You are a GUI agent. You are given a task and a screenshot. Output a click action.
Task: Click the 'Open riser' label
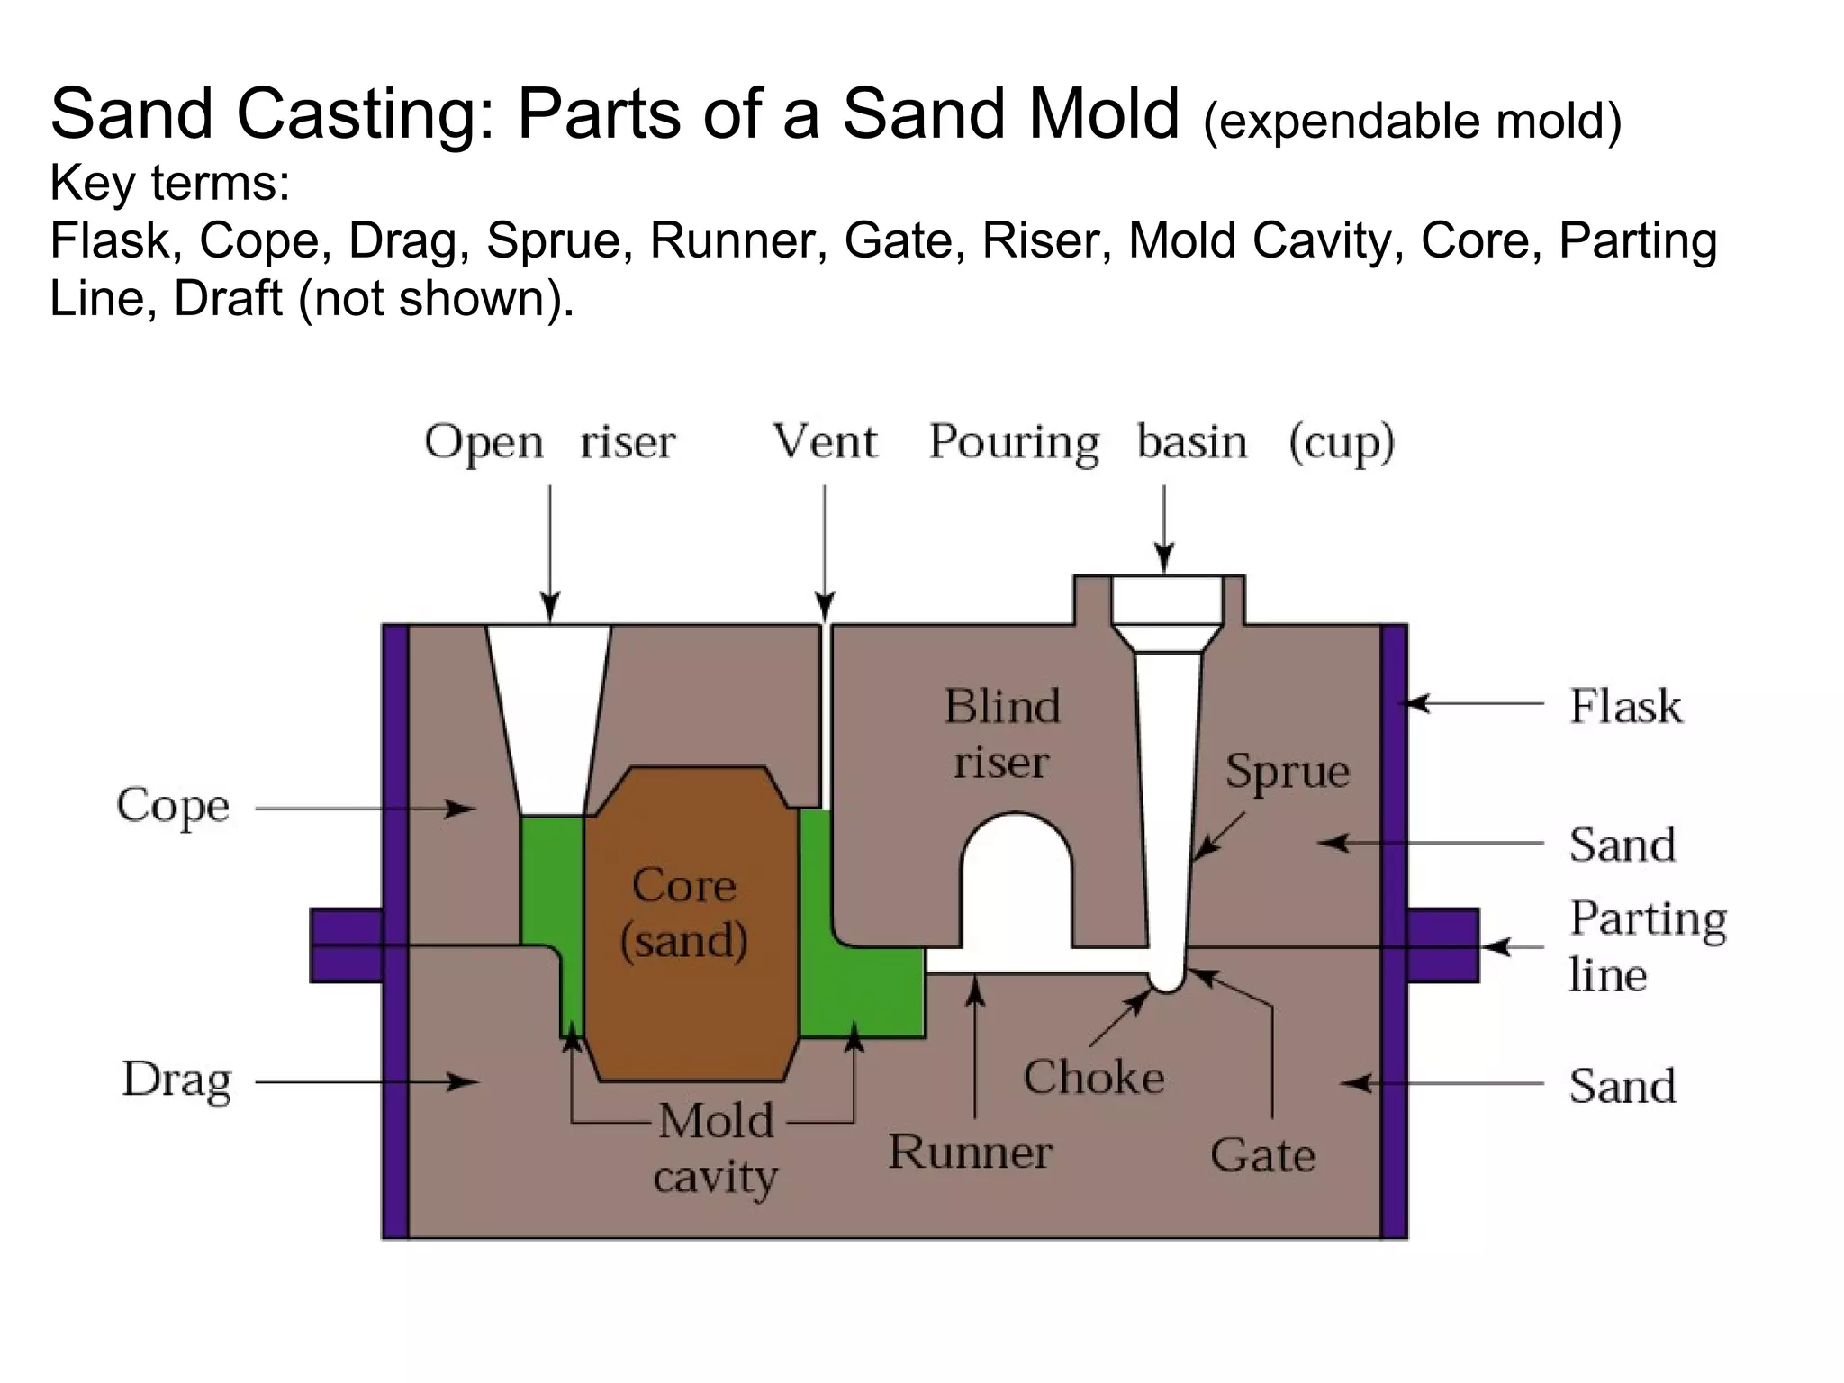549,442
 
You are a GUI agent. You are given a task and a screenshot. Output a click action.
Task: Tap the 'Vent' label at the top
824,442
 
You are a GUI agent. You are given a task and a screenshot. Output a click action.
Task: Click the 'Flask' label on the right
1625,706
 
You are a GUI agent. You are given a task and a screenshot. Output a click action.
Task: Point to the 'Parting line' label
1647,946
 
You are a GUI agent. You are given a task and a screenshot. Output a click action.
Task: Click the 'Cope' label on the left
173,806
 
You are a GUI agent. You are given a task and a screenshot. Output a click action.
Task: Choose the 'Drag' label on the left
176,1080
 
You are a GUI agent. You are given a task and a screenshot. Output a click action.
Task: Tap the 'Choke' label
1093,1078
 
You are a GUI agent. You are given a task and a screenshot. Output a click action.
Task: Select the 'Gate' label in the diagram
1262,1155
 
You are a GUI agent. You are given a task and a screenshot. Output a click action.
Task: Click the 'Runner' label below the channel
970,1152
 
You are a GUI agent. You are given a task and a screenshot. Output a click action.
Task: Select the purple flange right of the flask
1442,945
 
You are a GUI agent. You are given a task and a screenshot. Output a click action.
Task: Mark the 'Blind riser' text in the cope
1001,734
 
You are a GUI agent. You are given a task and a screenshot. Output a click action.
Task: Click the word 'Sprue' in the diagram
1287,772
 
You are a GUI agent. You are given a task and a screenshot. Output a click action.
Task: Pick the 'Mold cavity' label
716,1149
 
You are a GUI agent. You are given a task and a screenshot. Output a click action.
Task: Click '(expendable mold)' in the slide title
1412,122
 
